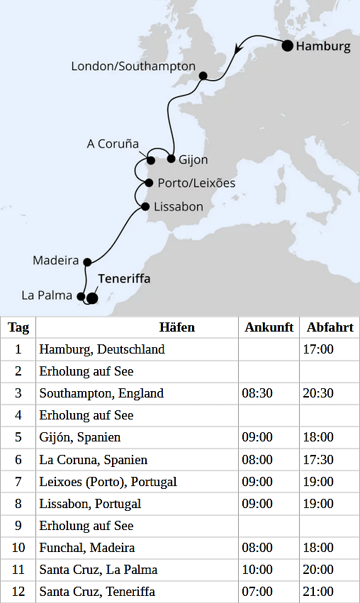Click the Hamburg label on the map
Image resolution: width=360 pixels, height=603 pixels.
[x=323, y=47]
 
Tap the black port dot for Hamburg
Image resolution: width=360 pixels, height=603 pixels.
[x=288, y=46]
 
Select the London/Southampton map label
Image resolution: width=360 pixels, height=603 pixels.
[x=133, y=66]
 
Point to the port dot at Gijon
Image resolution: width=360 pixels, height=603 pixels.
[x=171, y=159]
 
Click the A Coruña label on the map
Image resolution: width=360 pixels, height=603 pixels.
[x=113, y=144]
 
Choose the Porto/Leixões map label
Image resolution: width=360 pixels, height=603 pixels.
[x=196, y=183]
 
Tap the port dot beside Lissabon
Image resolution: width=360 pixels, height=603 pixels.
[x=145, y=207]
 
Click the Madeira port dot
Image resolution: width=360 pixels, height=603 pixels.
[x=87, y=261]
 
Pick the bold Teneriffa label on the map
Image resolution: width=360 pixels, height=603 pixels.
[x=124, y=279]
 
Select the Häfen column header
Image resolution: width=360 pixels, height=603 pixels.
[x=176, y=327]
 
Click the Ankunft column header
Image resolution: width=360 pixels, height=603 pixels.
[x=269, y=327]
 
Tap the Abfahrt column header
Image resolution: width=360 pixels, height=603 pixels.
[x=330, y=327]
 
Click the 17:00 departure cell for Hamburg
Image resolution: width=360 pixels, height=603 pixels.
[x=320, y=349]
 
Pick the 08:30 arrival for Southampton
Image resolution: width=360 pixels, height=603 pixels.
[x=259, y=393]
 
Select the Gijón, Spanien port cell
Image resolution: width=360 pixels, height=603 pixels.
[x=80, y=437]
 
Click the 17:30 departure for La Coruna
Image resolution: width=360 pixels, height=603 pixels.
[x=320, y=460]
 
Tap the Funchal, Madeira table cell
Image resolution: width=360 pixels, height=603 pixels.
[x=87, y=548]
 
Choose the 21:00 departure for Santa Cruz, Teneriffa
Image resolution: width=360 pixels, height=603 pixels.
[x=320, y=592]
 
